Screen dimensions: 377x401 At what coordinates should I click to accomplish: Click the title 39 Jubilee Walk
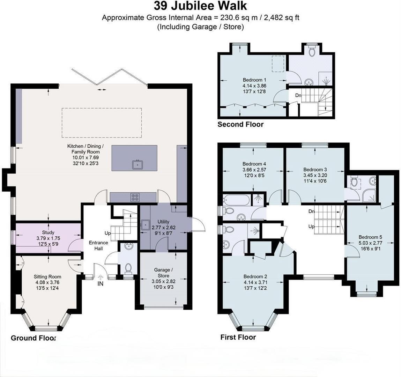point(200,6)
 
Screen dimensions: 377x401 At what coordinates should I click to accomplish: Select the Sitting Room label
point(47,276)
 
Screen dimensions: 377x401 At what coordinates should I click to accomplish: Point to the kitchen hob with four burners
point(135,197)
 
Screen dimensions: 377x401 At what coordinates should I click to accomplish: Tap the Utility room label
point(163,222)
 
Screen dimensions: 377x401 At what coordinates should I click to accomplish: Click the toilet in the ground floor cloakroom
point(128,268)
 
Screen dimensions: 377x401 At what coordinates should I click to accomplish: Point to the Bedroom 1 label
point(254,80)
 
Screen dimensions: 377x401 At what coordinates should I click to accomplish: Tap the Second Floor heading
point(240,124)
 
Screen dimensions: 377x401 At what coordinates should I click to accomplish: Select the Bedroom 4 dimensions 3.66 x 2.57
point(254,170)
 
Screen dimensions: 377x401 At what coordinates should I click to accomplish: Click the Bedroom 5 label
point(370,237)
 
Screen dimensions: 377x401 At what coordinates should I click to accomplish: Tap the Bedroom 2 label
point(255,276)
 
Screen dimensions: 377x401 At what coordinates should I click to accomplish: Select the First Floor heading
point(238,337)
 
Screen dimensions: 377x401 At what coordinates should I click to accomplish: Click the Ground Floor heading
point(33,338)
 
